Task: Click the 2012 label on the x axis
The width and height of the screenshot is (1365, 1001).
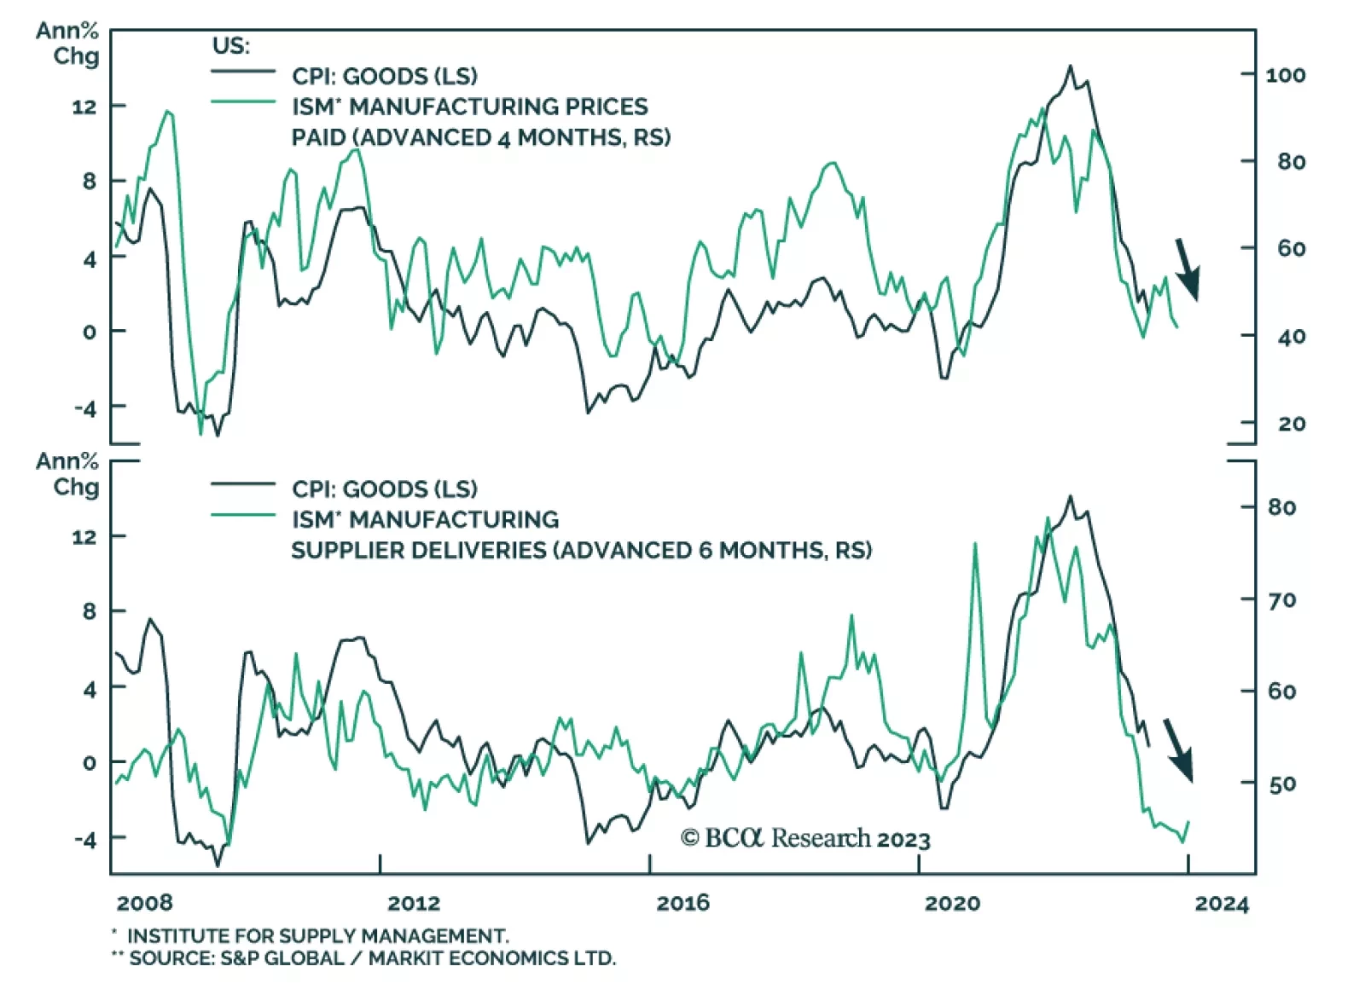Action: click(x=414, y=903)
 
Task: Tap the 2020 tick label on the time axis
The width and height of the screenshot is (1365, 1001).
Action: click(x=952, y=903)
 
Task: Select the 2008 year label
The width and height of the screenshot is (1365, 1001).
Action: click(x=144, y=903)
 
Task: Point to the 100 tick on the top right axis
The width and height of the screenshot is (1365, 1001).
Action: click(x=1285, y=75)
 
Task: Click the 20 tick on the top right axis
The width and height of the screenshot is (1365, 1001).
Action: click(x=1291, y=424)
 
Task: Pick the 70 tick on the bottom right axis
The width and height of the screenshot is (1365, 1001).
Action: click(x=1282, y=600)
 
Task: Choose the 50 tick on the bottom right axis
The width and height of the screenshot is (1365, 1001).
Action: click(x=1282, y=784)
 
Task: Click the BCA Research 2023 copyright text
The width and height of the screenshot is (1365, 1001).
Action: click(x=804, y=839)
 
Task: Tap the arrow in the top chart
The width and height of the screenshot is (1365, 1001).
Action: click(x=1188, y=269)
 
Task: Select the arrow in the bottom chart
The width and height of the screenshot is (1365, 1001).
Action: click(x=1178, y=749)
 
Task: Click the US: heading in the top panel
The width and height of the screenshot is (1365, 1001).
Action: click(x=230, y=46)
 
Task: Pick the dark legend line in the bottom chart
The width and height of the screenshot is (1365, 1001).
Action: click(x=243, y=484)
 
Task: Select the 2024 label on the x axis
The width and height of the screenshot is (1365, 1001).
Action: click(x=1221, y=904)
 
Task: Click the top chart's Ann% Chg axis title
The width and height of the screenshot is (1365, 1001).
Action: click(x=67, y=43)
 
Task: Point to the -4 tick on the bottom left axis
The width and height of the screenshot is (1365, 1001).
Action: click(x=85, y=839)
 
